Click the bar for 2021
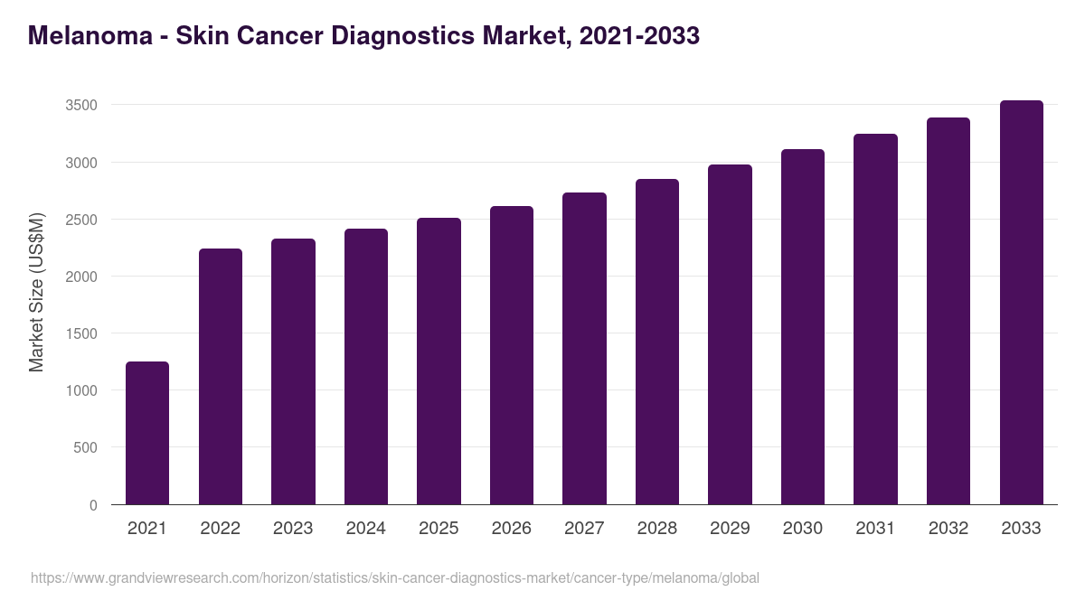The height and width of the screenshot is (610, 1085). click(147, 433)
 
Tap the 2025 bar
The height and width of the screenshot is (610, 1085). click(439, 361)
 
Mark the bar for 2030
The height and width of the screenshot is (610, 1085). click(803, 326)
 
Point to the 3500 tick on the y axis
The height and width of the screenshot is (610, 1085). click(81, 106)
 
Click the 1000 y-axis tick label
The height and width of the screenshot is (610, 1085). click(81, 391)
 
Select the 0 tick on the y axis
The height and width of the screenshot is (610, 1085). click(93, 505)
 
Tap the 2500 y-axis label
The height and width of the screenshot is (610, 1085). click(81, 220)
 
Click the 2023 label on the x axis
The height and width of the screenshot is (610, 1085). click(293, 529)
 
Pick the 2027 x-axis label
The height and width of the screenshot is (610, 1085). click(584, 529)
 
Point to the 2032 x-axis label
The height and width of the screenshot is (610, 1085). click(948, 529)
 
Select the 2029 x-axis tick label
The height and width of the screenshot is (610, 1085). click(730, 529)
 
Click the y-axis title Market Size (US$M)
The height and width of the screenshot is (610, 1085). click(36, 292)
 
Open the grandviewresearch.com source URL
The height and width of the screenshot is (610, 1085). click(395, 577)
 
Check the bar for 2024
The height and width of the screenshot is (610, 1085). click(366, 366)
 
